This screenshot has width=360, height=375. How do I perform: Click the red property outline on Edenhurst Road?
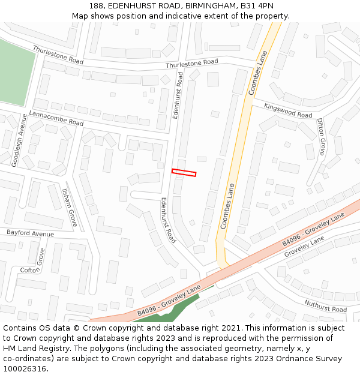pos(184,173)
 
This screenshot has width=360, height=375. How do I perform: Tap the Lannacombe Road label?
pos(56,118)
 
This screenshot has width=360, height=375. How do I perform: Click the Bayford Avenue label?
pos(30,232)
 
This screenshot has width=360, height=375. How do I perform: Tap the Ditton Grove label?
pos(321,137)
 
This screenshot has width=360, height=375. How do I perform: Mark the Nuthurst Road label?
pos(325,307)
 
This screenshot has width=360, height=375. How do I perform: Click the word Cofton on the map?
pos(29,270)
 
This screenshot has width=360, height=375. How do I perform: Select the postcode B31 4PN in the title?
pos(257,5)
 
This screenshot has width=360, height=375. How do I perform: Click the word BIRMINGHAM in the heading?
pos(206,5)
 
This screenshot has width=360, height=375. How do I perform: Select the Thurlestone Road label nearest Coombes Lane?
pos(192,62)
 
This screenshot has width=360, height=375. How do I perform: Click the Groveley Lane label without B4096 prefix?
pos(304,245)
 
